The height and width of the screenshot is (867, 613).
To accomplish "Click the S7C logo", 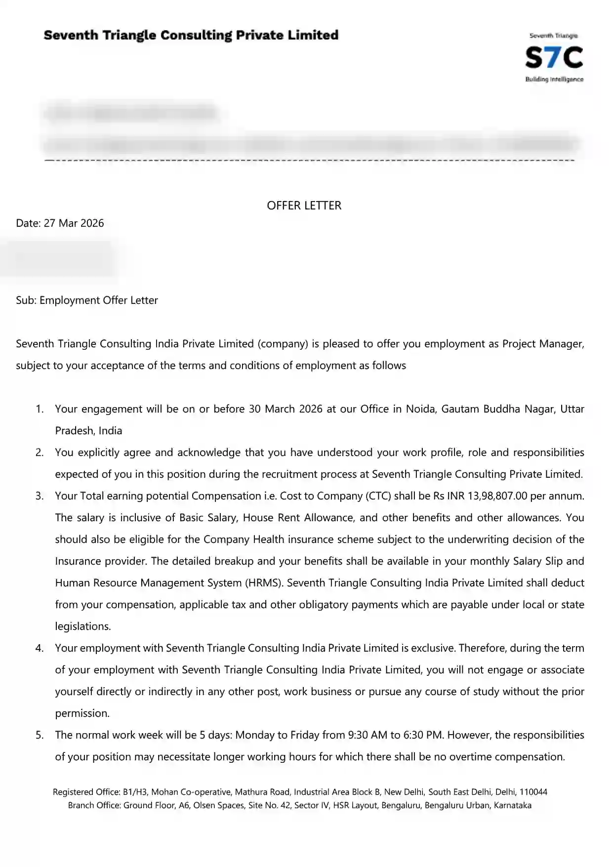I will (x=554, y=58).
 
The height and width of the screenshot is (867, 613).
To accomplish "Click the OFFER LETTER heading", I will (x=304, y=206).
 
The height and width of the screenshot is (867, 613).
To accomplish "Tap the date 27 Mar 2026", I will (x=74, y=223).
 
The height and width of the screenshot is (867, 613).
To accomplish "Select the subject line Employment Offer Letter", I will (x=99, y=300).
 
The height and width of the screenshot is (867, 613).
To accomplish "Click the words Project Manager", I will (x=542, y=344).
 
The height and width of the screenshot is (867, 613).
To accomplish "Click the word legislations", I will (x=82, y=626).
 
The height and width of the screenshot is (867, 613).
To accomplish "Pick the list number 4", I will (x=40, y=648).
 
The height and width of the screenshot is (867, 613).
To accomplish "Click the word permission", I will (x=82, y=713).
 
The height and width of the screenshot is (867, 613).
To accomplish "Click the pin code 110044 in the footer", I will (x=533, y=792).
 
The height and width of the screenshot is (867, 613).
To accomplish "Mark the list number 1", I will (x=40, y=409).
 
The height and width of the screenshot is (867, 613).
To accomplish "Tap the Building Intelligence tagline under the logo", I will (x=554, y=80).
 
